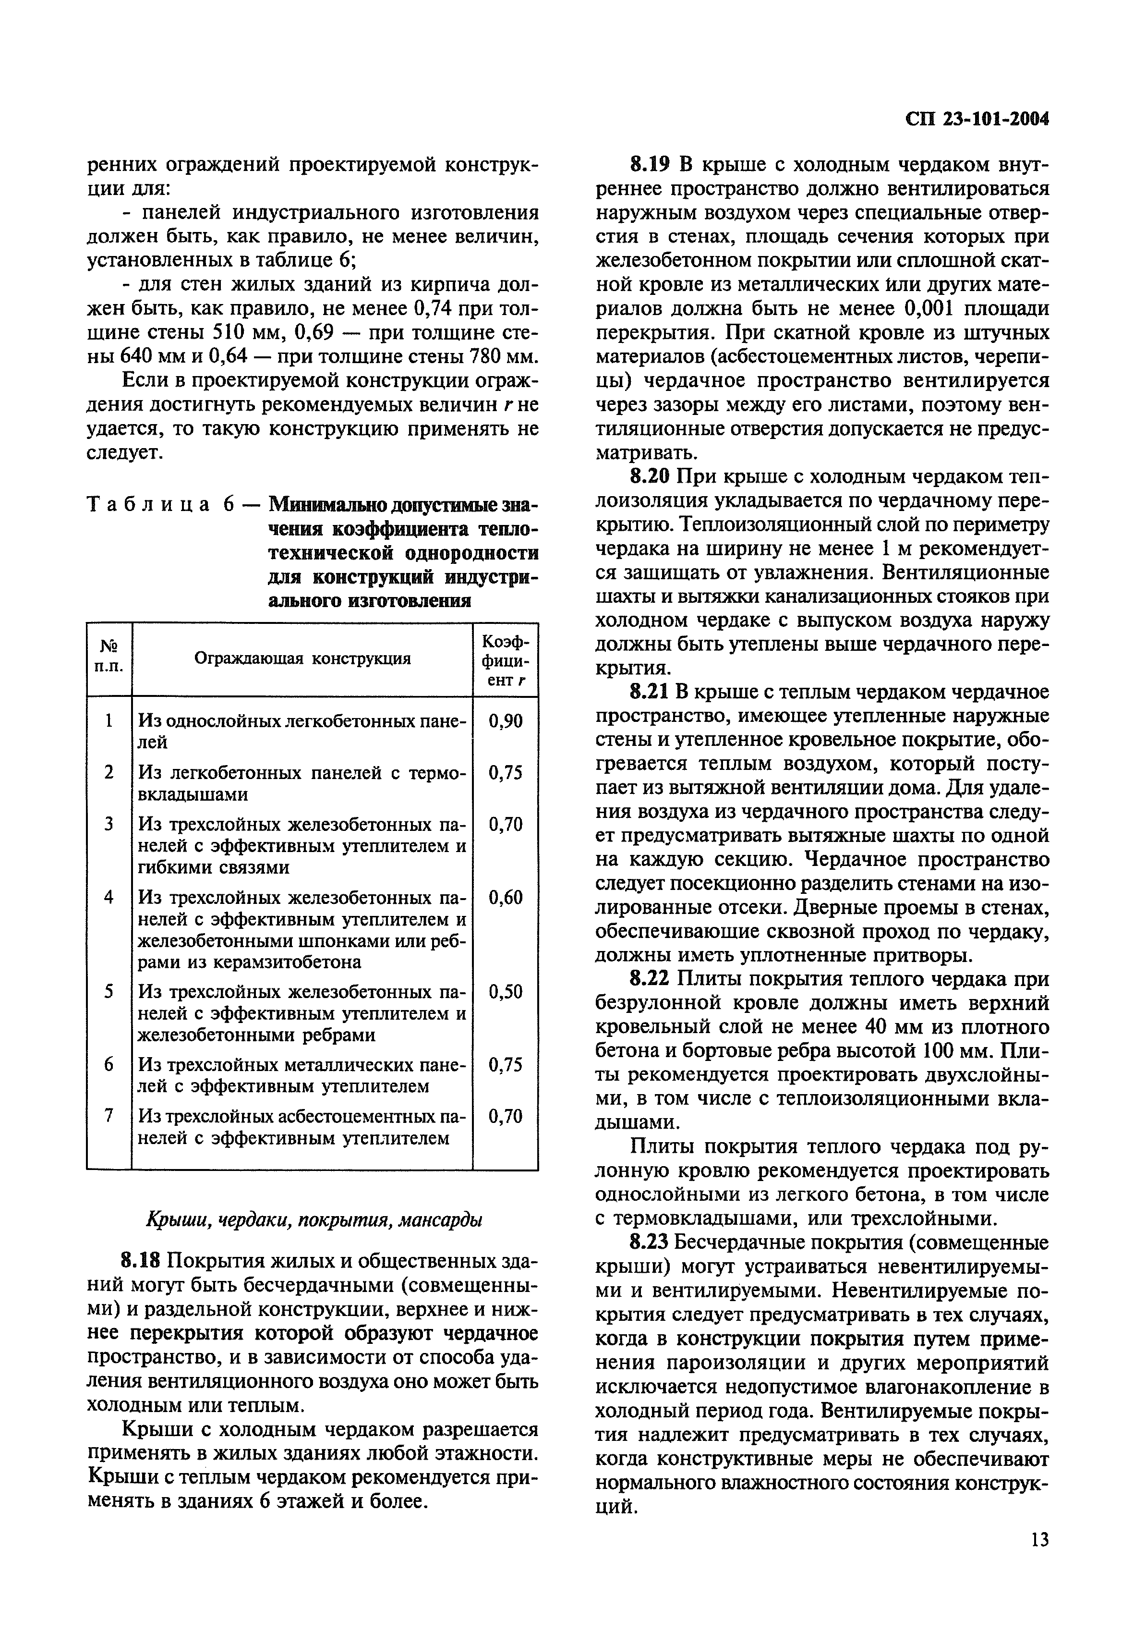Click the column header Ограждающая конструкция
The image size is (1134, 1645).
302,658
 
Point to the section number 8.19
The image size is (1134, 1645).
650,165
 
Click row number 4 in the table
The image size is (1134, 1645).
109,897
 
